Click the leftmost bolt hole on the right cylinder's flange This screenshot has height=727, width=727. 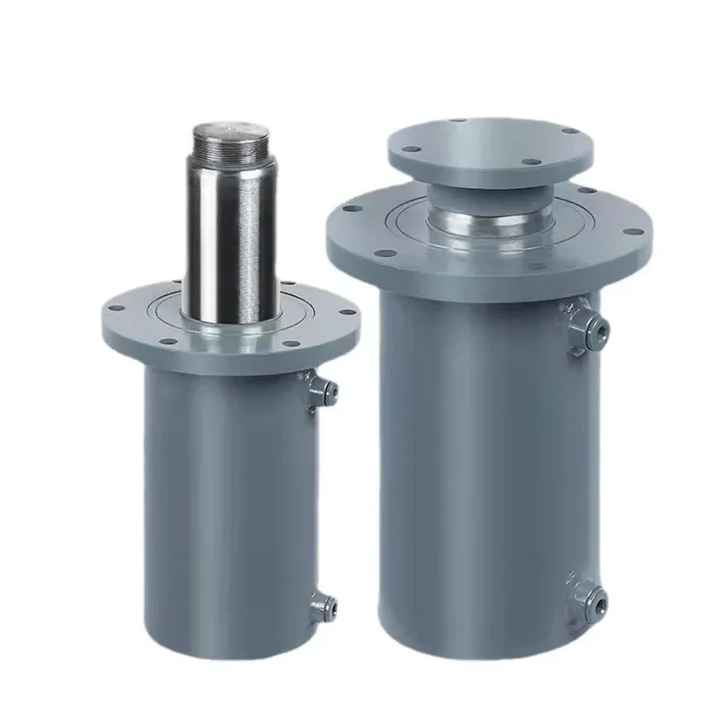[x=341, y=227]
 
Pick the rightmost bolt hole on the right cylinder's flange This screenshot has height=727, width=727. [x=635, y=232]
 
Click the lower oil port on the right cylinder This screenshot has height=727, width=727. [x=592, y=597]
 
